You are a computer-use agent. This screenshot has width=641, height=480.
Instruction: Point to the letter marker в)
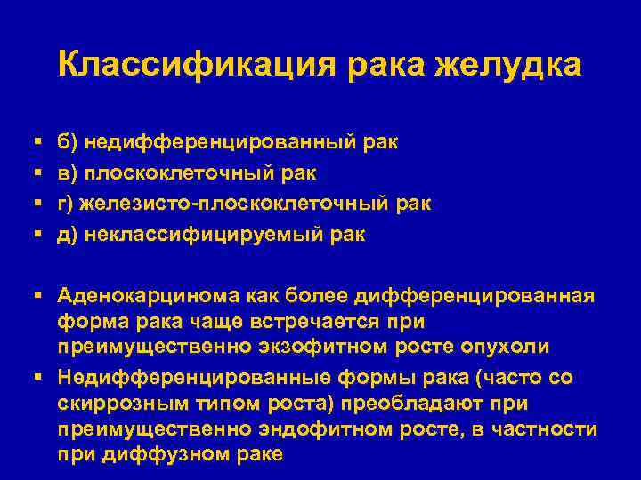point(69,172)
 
